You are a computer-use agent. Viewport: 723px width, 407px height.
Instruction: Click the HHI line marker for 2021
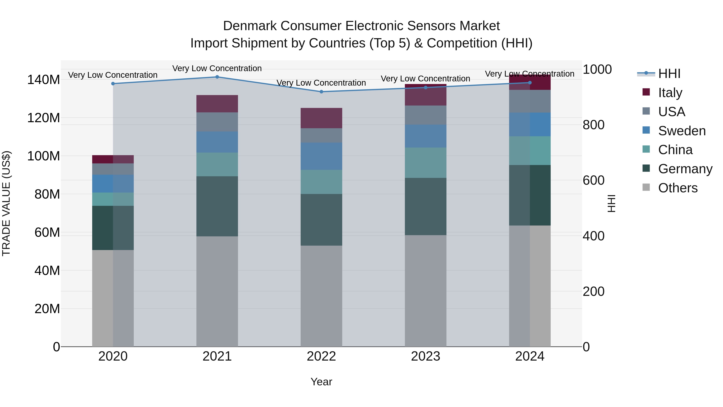pyautogui.click(x=217, y=77)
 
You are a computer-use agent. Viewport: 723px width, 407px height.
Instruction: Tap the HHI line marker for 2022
pyautogui.click(x=321, y=92)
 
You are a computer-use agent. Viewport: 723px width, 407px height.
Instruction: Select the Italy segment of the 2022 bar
pyautogui.click(x=321, y=118)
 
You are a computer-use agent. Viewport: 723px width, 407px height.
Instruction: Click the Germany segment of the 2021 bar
pyautogui.click(x=217, y=206)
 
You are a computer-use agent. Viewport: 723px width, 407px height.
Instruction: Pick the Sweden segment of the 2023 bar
pyautogui.click(x=426, y=136)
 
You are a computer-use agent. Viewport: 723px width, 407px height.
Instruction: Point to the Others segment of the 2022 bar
pyautogui.click(x=321, y=296)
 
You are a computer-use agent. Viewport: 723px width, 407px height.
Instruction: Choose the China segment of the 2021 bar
pyautogui.click(x=217, y=164)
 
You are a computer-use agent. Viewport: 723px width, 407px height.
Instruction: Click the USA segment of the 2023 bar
pyautogui.click(x=426, y=115)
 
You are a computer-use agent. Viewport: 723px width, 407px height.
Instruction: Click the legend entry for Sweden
pyautogui.click(x=681, y=131)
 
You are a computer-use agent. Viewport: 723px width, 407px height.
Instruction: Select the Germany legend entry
pyautogui.click(x=685, y=169)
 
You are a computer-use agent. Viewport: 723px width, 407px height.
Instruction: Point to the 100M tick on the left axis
pyautogui.click(x=44, y=156)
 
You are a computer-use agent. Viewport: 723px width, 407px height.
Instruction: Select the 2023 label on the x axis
pyautogui.click(x=426, y=356)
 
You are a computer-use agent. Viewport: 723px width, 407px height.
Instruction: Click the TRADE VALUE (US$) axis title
pyautogui.click(x=6, y=203)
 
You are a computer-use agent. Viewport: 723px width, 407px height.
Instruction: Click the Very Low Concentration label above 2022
pyautogui.click(x=321, y=83)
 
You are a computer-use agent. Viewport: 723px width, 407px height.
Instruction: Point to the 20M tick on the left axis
pyautogui.click(x=47, y=309)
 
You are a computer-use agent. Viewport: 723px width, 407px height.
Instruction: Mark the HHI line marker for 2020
pyautogui.click(x=113, y=84)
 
